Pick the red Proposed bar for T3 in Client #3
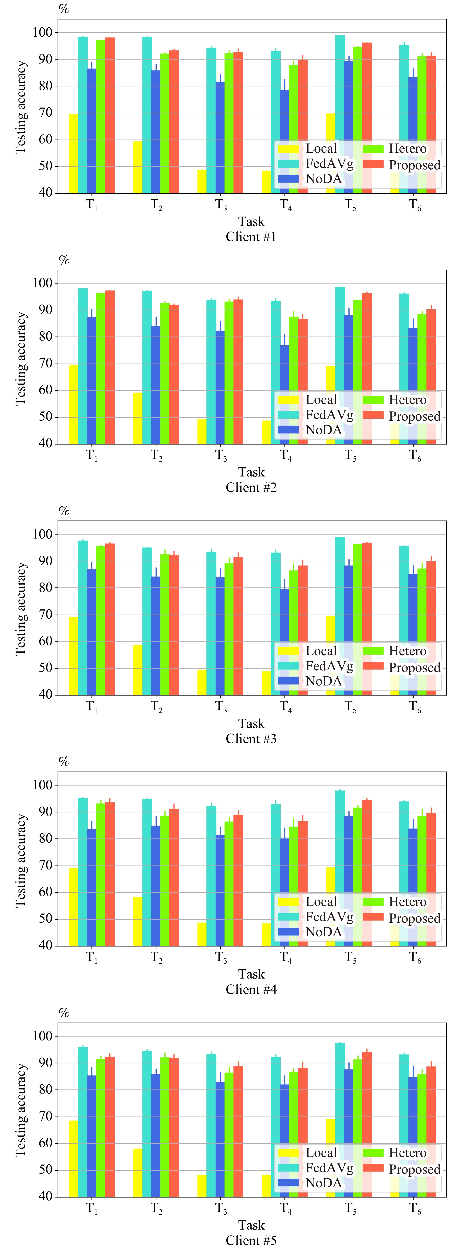pos(238,626)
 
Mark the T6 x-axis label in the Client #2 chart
pos(415,456)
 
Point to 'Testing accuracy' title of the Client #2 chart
pos(20,358)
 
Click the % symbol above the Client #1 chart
pos(64,8)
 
